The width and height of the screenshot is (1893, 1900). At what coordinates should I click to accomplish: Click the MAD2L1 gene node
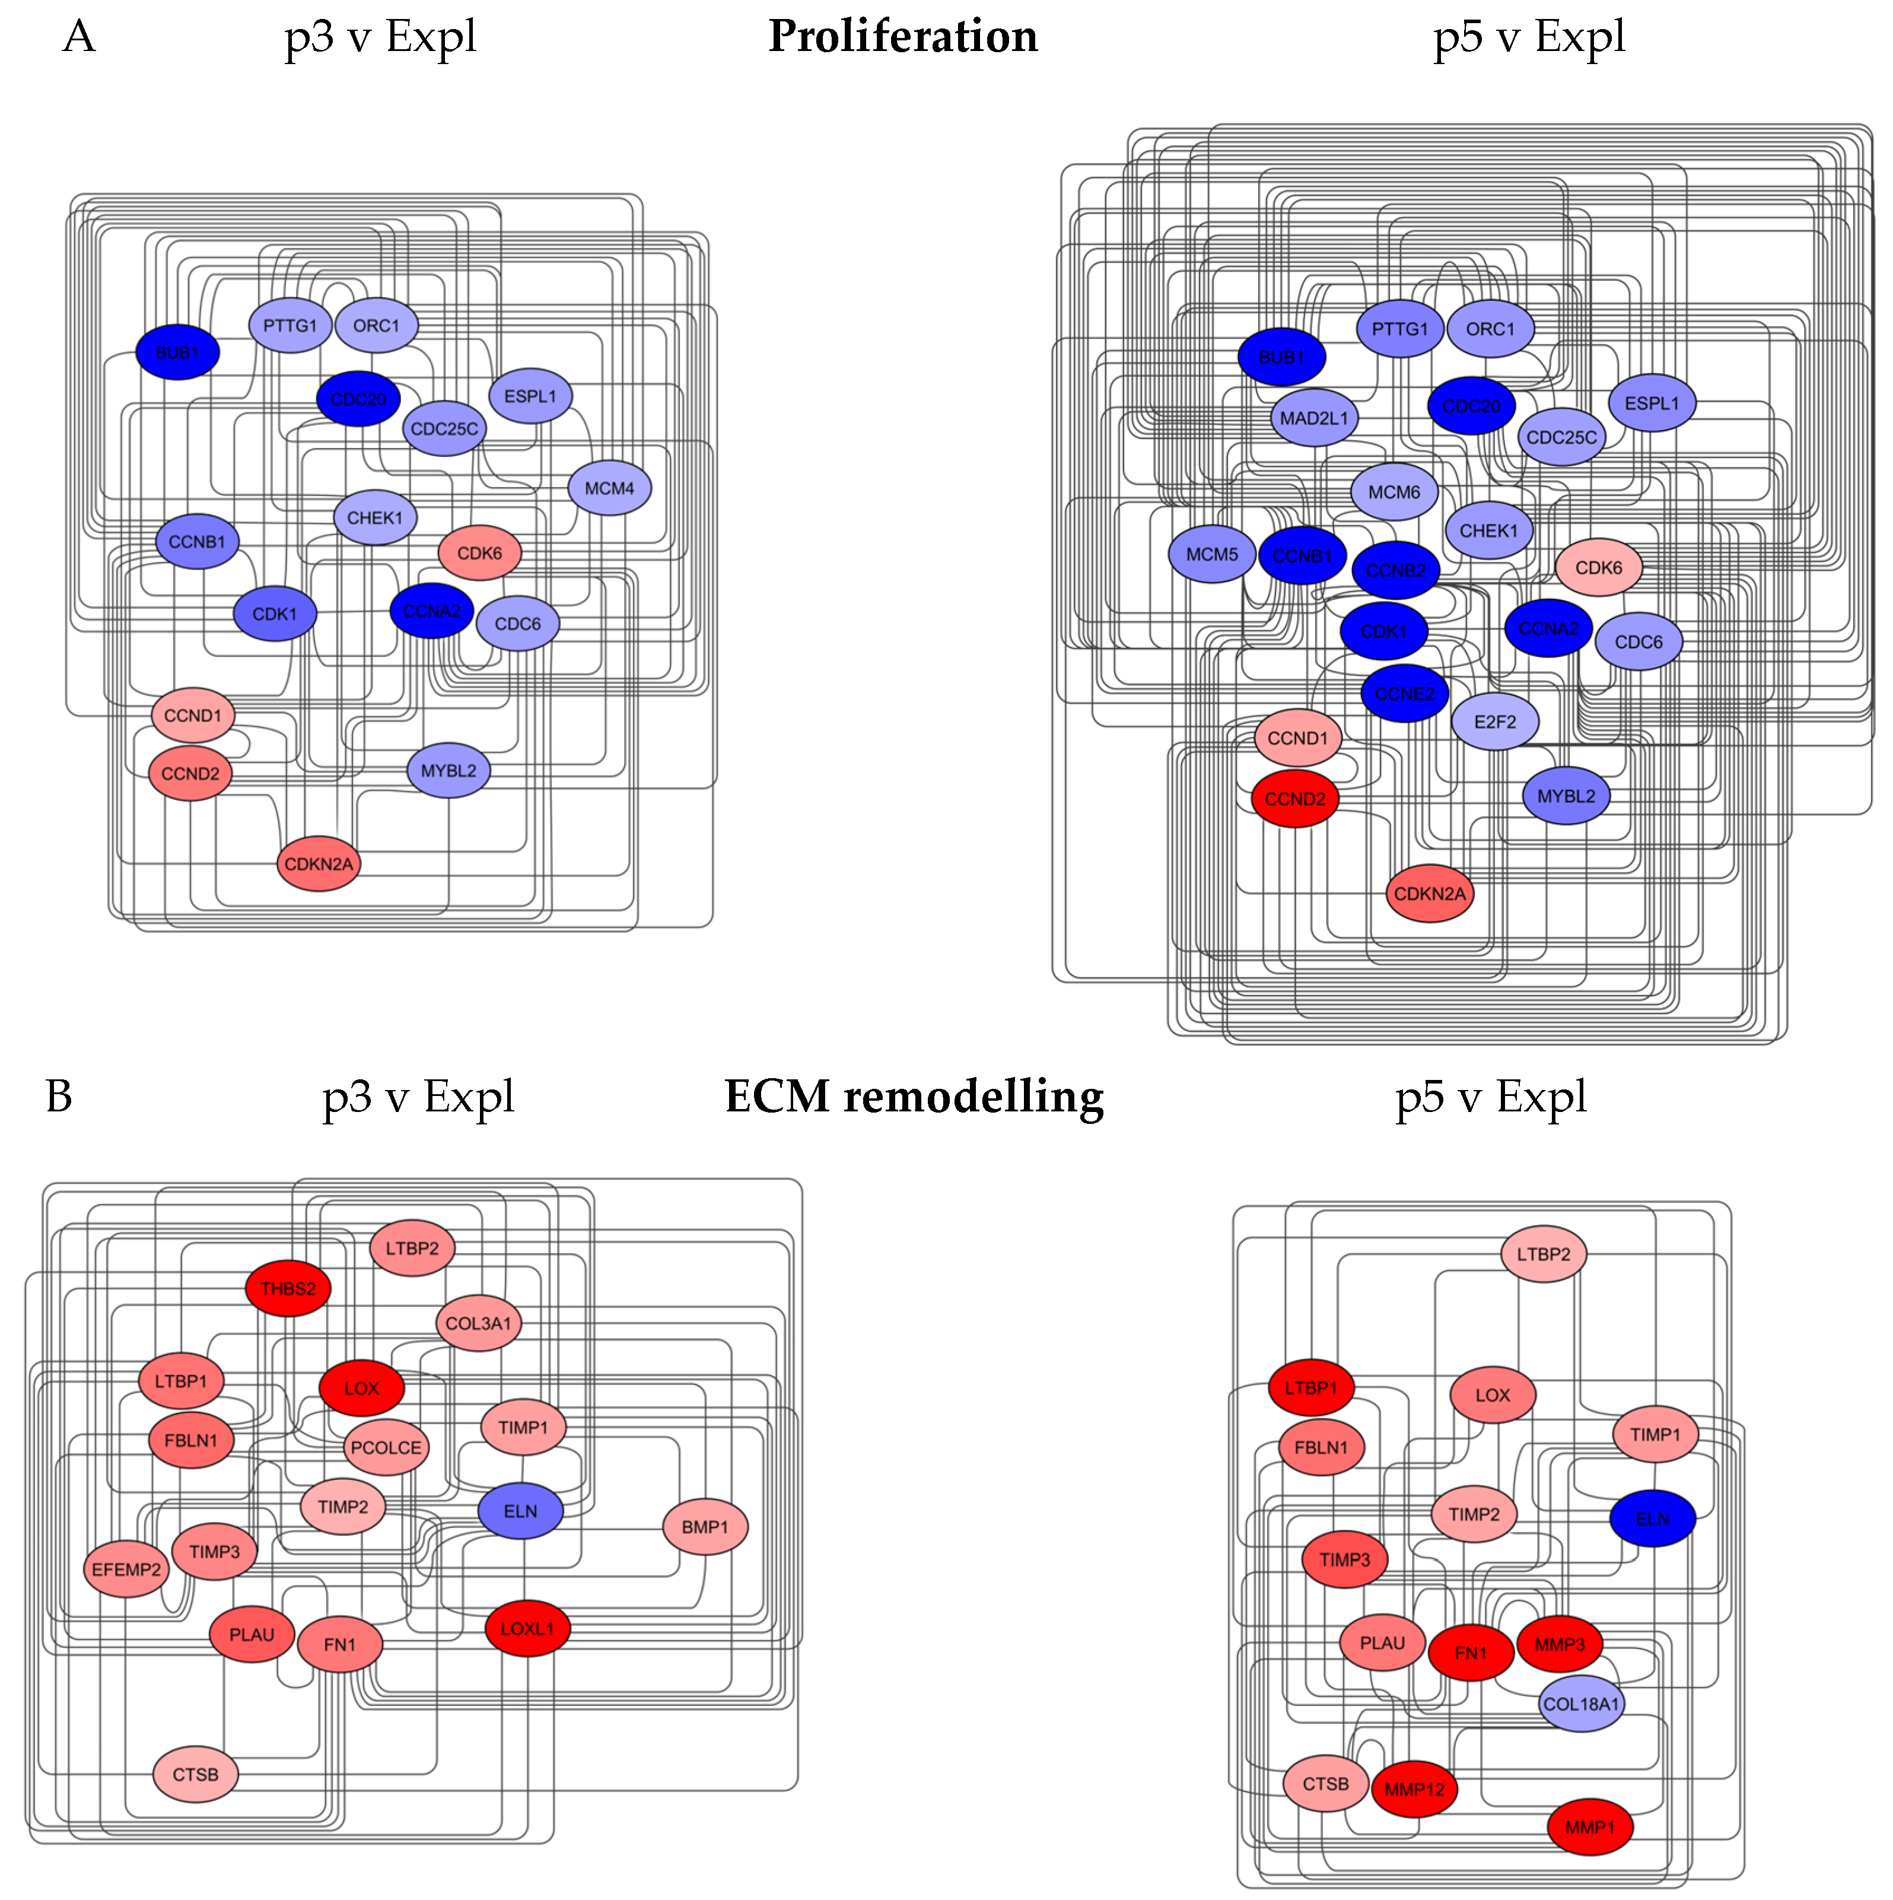click(1314, 418)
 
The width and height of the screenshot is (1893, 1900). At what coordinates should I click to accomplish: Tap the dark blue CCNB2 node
click(1395, 570)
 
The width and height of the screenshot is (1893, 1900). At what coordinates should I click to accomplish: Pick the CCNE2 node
click(1404, 693)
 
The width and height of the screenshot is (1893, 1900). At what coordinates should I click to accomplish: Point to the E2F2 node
click(1495, 722)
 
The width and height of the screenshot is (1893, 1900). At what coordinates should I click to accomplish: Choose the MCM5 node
click(1211, 555)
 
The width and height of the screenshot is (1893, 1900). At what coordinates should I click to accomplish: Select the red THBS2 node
click(288, 1288)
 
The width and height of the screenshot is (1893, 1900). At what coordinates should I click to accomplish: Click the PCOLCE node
click(386, 1448)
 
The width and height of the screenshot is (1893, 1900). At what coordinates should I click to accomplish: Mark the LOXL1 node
click(527, 1629)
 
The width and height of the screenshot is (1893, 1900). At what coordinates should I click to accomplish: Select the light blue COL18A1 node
click(1580, 1704)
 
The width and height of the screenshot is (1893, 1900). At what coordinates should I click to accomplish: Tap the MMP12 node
click(1414, 1789)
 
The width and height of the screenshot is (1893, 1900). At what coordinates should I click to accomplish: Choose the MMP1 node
click(1589, 1827)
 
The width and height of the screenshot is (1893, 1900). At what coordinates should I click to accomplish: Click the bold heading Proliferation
click(903, 36)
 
